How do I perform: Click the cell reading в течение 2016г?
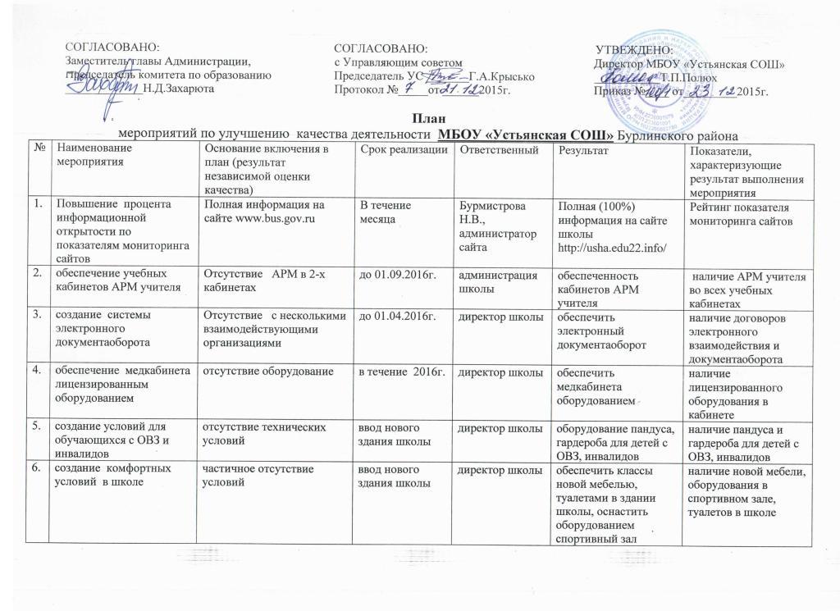404,372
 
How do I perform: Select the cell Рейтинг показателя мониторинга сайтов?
743,215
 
